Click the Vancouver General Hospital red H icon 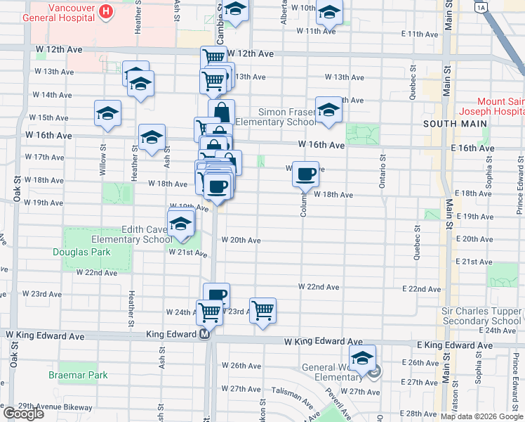pos(106,11)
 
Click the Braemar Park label pos(78,375)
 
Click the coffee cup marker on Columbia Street pos(305,174)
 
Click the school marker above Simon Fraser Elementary pos(328,109)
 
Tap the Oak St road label pos(16,188)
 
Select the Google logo pos(23,414)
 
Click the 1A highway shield pos(480,8)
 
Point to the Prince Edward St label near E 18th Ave pos(519,190)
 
